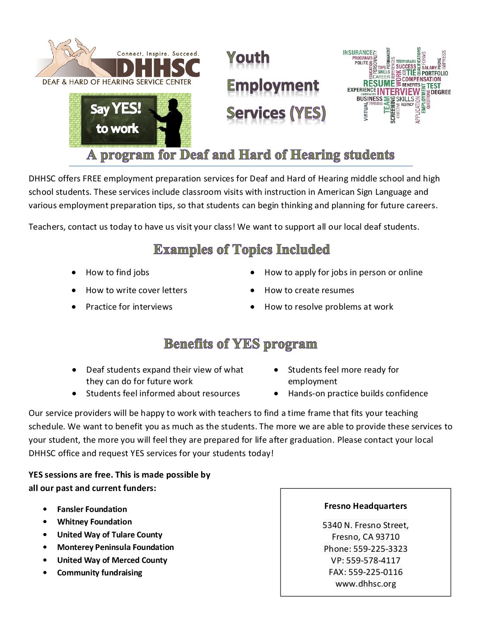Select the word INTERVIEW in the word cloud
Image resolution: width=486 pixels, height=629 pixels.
(398, 92)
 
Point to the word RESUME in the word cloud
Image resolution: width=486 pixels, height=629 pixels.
(379, 84)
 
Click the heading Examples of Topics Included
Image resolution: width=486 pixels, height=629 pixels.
(241, 249)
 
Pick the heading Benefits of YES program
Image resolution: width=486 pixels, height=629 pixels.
(240, 344)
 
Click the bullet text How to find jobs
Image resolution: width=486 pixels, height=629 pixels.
(117, 273)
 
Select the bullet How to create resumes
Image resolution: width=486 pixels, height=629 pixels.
(309, 290)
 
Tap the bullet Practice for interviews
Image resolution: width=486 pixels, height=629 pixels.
(129, 307)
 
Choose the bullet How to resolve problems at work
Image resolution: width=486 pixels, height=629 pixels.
(329, 307)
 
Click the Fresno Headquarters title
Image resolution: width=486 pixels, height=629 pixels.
(365, 506)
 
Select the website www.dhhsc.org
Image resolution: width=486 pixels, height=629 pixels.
(365, 584)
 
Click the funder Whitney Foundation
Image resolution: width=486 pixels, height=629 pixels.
(94, 522)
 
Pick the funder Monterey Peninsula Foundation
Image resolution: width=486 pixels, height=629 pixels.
(115, 547)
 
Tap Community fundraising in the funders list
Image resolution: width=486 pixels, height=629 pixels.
(100, 573)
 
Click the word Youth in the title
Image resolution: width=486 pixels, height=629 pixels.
(248, 58)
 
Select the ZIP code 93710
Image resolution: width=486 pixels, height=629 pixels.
(388, 537)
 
